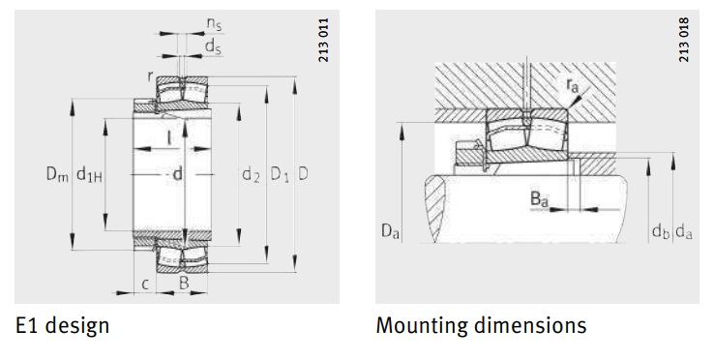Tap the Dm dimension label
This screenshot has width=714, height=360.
tap(57, 175)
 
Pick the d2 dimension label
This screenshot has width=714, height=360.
tap(251, 175)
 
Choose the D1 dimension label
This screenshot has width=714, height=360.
tap(279, 175)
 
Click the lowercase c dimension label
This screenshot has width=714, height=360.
tap(145, 285)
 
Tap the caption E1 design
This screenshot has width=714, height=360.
tap(62, 325)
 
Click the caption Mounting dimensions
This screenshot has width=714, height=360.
tap(481, 325)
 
